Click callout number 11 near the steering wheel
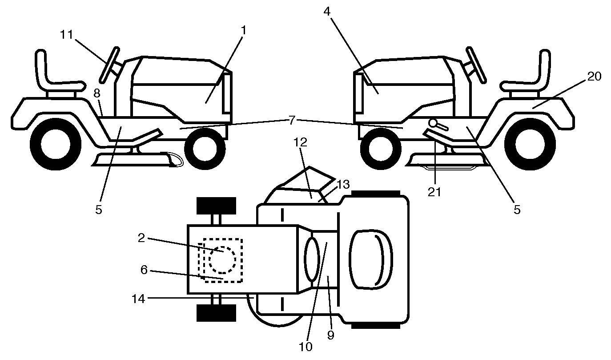pyautogui.click(x=67, y=35)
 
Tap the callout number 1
pyautogui.click(x=244, y=30)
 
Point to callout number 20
pyautogui.click(x=594, y=77)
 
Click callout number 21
pyautogui.click(x=434, y=192)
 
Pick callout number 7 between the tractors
pyautogui.click(x=292, y=120)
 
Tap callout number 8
pyautogui.click(x=97, y=93)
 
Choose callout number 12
pyautogui.click(x=300, y=142)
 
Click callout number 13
pyautogui.click(x=343, y=185)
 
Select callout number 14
pyautogui.click(x=138, y=299)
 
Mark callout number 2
pyautogui.click(x=141, y=238)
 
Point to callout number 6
pyautogui.click(x=144, y=270)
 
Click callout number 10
pyautogui.click(x=305, y=347)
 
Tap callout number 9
pyautogui.click(x=330, y=335)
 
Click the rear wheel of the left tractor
pyautogui.click(x=56, y=144)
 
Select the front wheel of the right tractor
pyautogui.click(x=381, y=149)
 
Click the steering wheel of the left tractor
pyautogui.click(x=109, y=65)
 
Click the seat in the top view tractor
pyautogui.click(x=371, y=259)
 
